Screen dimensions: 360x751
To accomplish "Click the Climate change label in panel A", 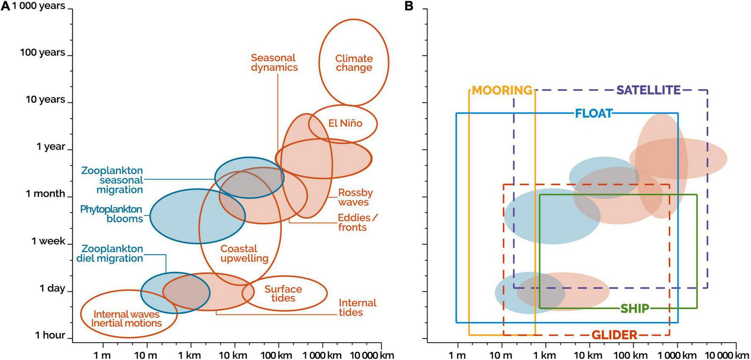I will click(x=354, y=63).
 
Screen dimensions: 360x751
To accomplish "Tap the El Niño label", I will click(x=345, y=123).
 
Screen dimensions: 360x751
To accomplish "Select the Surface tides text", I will click(x=283, y=293).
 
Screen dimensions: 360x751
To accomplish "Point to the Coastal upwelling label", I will click(x=244, y=254).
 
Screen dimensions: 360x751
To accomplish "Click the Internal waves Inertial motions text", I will click(x=126, y=319).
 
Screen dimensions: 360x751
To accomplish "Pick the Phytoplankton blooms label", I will click(x=111, y=214).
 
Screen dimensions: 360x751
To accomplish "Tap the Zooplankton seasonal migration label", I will click(x=112, y=180).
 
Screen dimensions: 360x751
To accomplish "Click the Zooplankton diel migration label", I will click(x=110, y=254).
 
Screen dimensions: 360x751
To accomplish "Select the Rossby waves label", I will click(x=355, y=197).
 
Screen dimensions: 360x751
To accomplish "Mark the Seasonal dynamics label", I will click(x=274, y=63).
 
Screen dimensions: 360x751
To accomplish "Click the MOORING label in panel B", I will click(x=502, y=90).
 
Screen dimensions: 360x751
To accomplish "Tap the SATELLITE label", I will click(x=648, y=90).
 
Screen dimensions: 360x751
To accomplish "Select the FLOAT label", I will click(x=594, y=114).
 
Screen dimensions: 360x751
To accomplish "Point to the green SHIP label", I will click(x=634, y=309).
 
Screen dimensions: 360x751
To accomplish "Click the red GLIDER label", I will click(x=614, y=335).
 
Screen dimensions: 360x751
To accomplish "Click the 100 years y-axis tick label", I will click(x=42, y=53).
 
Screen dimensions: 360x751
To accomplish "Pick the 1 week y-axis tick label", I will click(x=48, y=241).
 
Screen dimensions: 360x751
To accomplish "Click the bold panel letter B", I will click(x=409, y=6).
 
